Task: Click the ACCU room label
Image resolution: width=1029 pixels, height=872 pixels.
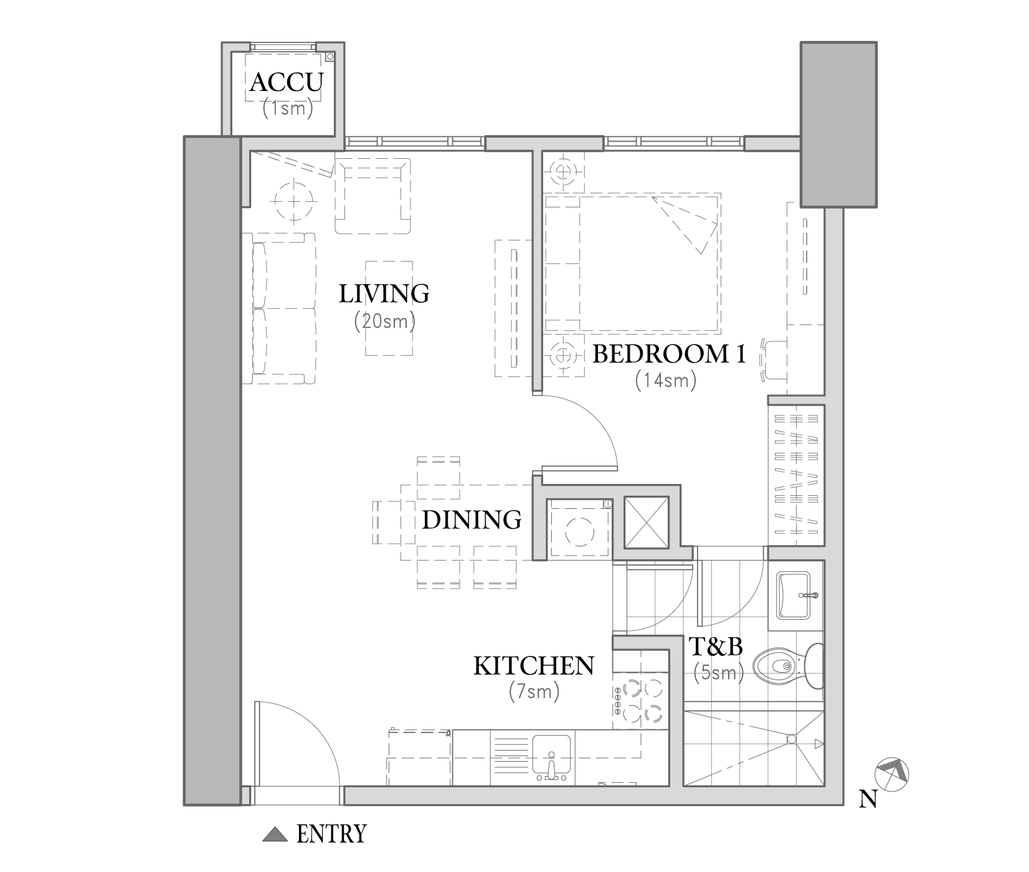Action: point(287,82)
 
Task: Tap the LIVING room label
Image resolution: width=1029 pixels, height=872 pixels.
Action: point(384,293)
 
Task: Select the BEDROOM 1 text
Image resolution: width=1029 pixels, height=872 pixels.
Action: point(669,354)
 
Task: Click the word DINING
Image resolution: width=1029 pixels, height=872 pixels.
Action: point(472,519)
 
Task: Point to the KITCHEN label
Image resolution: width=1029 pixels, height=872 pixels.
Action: point(534,666)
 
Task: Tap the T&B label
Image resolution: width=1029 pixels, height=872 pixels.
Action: point(716,647)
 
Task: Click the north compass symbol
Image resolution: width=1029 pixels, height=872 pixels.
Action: point(892,775)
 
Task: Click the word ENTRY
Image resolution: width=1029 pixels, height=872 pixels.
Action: point(331,834)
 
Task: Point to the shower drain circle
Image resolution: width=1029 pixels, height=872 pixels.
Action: point(791,739)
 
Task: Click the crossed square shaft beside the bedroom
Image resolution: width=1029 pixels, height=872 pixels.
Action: point(646,523)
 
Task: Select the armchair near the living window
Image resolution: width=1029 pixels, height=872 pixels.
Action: point(373,196)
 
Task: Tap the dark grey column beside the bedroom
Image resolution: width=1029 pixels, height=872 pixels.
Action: point(838,125)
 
